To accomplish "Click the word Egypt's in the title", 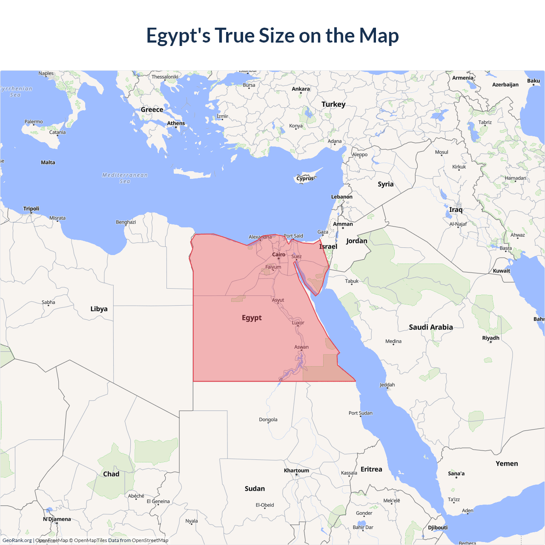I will point(178,36).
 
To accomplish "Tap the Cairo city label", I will point(279,255).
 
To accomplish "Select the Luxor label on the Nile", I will point(298,323).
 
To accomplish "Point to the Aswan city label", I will point(301,347).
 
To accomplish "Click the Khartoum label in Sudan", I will point(296,470).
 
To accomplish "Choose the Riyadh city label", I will point(490,338).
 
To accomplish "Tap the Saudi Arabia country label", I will point(431,327).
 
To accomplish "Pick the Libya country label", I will point(99,309).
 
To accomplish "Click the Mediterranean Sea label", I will point(125,178).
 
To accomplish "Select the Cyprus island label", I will point(305,178).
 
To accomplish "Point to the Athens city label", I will point(176,123).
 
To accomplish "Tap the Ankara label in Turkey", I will point(301,89).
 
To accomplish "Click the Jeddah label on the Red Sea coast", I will point(387,385).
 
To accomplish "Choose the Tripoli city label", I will point(31,209).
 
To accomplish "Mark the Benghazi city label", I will point(126,222).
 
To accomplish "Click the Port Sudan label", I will point(360,413).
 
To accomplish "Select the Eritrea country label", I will point(371,469).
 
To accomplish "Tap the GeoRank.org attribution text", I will point(17,540).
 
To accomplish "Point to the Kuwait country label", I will point(501,271).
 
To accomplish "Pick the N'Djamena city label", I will point(57,519).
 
